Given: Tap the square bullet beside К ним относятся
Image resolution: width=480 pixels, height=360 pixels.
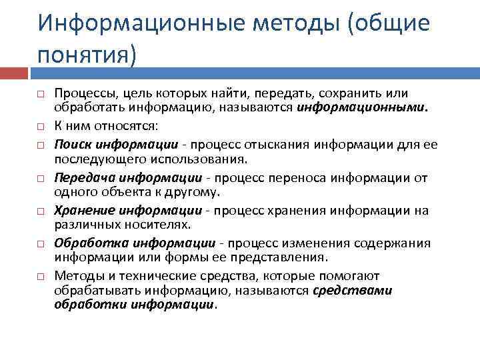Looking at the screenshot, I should [x=40, y=125].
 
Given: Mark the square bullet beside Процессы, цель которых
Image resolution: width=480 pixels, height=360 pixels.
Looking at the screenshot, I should [x=40, y=93].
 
